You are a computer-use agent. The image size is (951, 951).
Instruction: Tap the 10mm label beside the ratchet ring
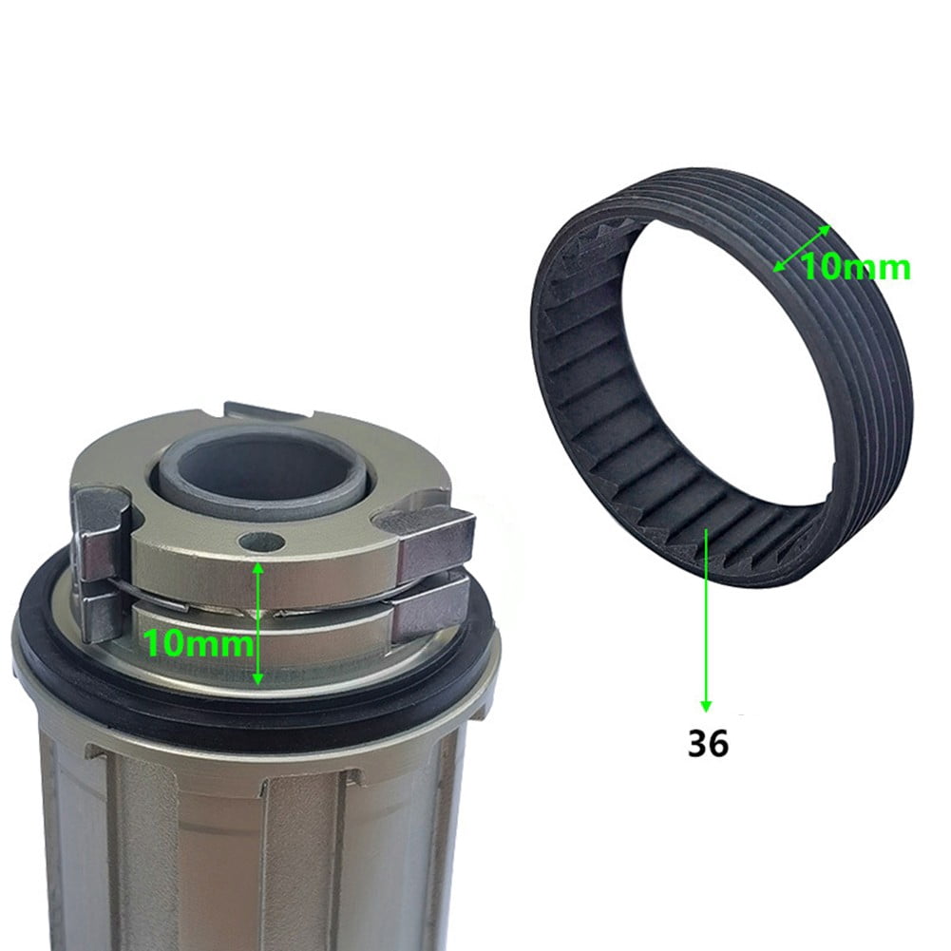(856, 268)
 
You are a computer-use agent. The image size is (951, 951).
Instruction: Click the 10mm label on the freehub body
(199, 643)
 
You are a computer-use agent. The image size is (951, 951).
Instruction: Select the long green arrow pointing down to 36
(705, 619)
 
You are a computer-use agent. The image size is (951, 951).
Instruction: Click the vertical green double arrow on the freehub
(257, 623)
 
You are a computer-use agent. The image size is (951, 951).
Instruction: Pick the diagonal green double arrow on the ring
(802, 249)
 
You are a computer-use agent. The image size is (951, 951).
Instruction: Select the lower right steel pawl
(429, 614)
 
